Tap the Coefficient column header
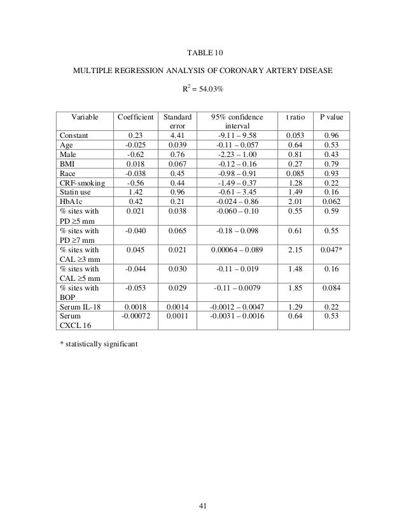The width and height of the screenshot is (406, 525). pos(134,118)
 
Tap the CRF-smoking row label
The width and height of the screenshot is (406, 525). pos(82,181)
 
